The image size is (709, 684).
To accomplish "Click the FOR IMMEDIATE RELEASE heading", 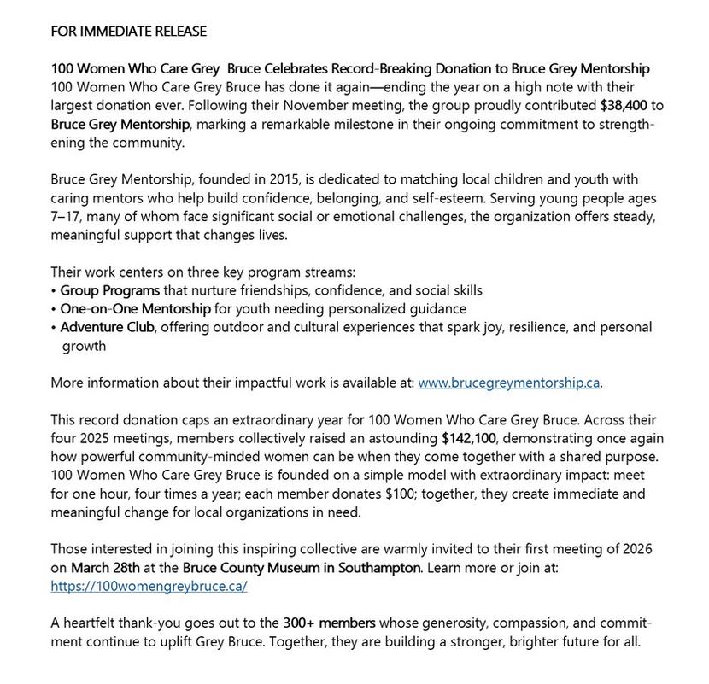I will coord(128,32).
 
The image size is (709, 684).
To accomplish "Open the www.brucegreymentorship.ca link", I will coord(509,383).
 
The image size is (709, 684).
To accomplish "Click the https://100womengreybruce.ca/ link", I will coord(149,586).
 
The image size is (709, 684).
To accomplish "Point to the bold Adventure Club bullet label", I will coord(107,327).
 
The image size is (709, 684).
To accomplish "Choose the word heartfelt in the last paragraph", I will coord(91,623).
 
